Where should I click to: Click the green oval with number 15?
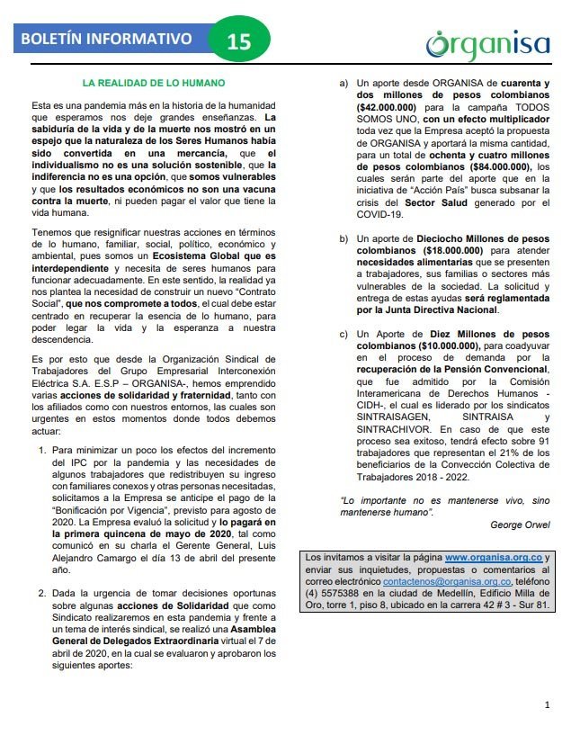pyautogui.click(x=239, y=40)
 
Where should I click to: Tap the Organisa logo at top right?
pyautogui.click(x=488, y=44)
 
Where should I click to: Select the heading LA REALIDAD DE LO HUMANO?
pyautogui.click(x=153, y=83)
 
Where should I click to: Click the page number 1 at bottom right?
pyautogui.click(x=547, y=704)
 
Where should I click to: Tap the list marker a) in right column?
pyautogui.click(x=344, y=84)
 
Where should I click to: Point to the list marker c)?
pyautogui.click(x=344, y=334)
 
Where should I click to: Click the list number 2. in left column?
pyautogui.click(x=41, y=595)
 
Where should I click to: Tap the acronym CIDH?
pyautogui.click(x=370, y=404)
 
